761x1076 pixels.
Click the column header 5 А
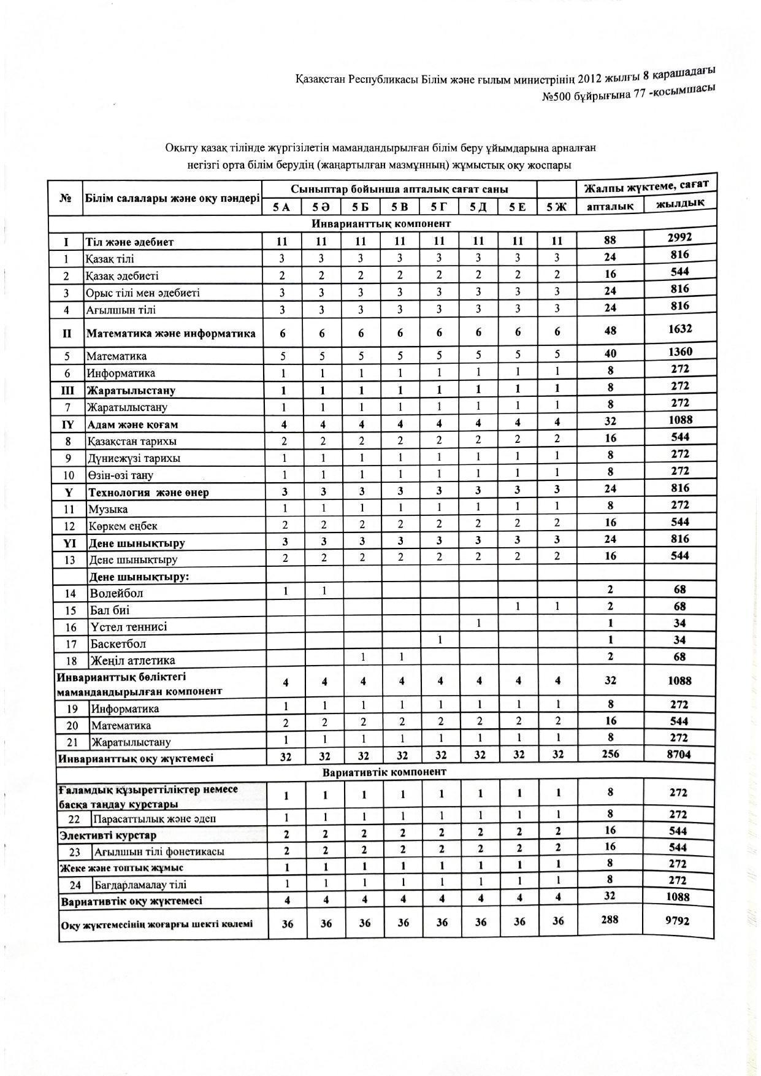282,207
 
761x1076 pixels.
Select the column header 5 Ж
557,207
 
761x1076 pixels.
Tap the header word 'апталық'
610,206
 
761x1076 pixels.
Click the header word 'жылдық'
680,203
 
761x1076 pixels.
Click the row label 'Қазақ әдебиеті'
123,276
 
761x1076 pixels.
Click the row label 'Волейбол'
117,593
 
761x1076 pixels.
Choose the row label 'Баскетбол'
118,644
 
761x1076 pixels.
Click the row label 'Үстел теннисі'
129,627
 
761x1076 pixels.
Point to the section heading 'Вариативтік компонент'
384,772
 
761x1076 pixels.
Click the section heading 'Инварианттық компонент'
381,223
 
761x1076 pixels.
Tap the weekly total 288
610,920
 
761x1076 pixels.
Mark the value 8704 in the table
679,755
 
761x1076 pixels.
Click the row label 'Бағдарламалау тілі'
140,885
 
